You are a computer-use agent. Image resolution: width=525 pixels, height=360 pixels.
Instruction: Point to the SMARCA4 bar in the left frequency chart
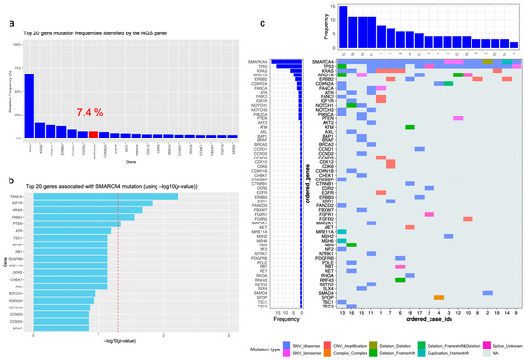285,62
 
